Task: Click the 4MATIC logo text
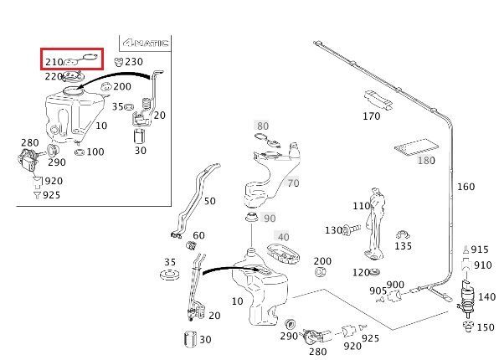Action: coord(146,43)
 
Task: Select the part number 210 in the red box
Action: coord(54,62)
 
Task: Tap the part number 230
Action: coord(134,61)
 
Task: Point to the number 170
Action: coord(372,116)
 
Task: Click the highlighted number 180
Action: coord(426,161)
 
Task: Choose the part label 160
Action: coord(466,187)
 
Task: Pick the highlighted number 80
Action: coord(263,126)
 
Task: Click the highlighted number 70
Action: coord(293,183)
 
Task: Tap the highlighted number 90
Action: coord(270,219)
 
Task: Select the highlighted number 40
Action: coord(283,237)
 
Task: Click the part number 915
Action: coord(480,249)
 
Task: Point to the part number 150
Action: coord(486,327)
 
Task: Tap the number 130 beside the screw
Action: coord(333,230)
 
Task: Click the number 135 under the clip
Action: coord(403,246)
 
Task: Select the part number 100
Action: coord(95,152)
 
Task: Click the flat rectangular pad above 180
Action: coord(417,147)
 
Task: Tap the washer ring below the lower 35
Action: coord(169,275)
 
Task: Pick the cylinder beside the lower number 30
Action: coord(190,339)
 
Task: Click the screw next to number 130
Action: coord(351,229)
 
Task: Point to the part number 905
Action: coord(378,291)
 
